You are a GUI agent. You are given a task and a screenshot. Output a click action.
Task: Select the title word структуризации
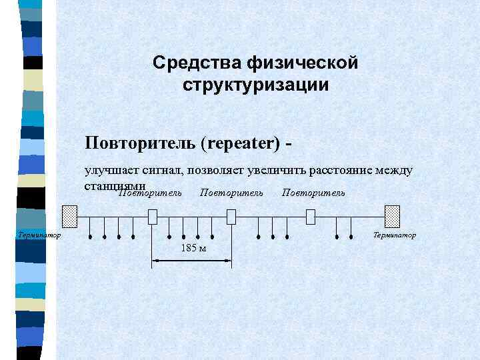[x=255, y=85]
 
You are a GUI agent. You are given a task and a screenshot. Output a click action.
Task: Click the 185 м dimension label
[x=191, y=249]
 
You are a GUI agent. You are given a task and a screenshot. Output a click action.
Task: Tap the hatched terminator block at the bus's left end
[x=70, y=217]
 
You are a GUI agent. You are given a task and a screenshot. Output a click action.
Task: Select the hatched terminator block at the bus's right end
[x=392, y=217]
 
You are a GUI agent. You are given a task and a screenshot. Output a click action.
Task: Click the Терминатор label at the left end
[x=37, y=235]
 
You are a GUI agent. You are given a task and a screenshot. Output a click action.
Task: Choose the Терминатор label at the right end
[x=394, y=235]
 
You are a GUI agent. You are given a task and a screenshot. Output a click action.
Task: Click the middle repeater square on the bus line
[x=231, y=217]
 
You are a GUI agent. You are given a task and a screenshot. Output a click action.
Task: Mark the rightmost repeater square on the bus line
[x=310, y=217]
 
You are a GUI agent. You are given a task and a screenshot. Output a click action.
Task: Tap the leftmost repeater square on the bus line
[x=153, y=217]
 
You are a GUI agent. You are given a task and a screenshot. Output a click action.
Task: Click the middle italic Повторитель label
[x=231, y=193]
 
